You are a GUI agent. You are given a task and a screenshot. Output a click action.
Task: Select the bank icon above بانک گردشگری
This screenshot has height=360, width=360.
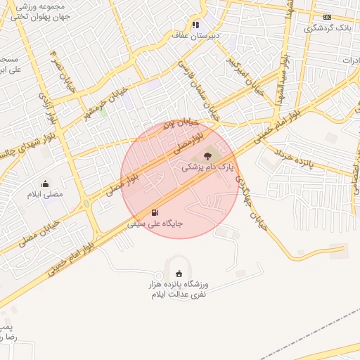(x=327, y=17)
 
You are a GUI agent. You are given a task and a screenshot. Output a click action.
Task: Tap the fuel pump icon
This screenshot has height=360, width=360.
(x=155, y=212)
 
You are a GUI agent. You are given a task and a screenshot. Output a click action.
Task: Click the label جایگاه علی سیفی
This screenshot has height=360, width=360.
(x=155, y=224)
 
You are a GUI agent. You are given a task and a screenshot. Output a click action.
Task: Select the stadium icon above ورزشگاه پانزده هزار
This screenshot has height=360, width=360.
(x=178, y=274)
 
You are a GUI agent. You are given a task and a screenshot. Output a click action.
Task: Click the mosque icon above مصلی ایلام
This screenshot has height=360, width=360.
(x=46, y=184)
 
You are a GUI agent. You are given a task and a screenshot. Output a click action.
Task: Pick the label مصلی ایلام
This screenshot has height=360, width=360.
(x=45, y=194)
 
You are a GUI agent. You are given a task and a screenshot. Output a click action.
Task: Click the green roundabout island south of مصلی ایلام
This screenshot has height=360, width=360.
(x=86, y=204)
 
